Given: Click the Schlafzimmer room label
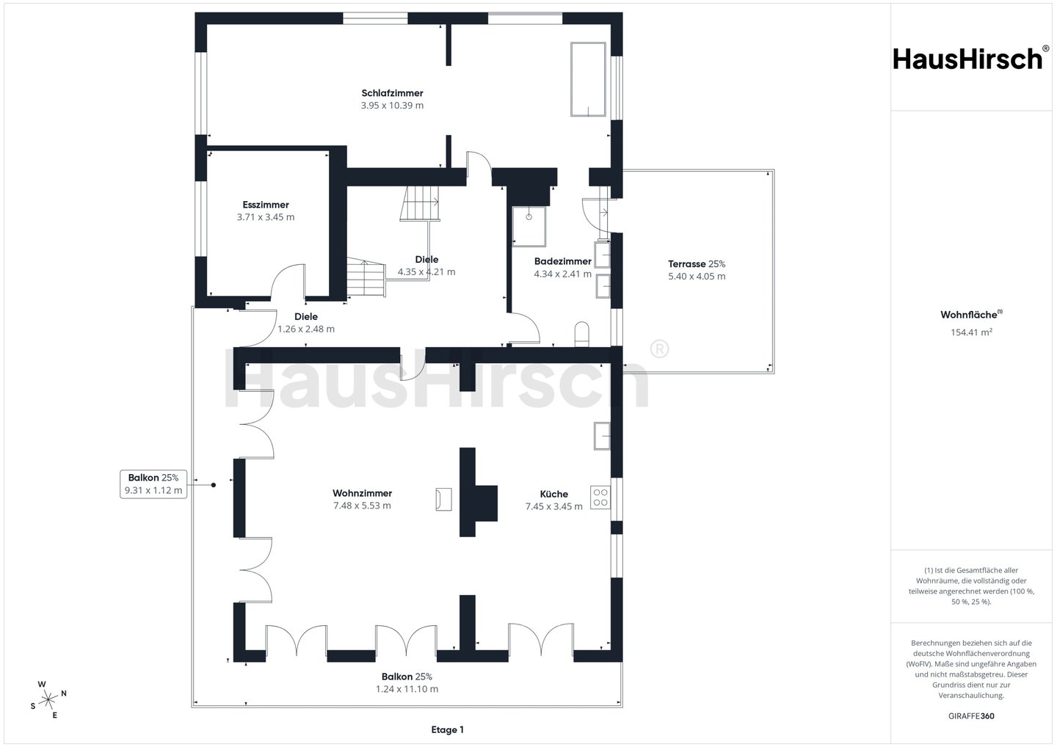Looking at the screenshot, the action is pos(392,93).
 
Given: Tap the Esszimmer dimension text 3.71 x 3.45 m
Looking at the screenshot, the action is pos(266,217).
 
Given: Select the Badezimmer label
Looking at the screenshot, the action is pos(562,261).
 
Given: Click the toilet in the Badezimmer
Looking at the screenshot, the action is pos(582,334).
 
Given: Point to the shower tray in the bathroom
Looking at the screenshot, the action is pos(529,226).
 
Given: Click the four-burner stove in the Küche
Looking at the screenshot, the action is pos(600,498).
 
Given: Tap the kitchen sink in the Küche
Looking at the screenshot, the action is pos(602,436).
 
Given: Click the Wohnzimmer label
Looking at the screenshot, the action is pos(362,493).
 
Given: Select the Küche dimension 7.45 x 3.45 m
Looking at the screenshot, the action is pos(554,506).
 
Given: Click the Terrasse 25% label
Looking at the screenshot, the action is pos(697,264).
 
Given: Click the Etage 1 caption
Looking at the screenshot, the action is pos(447,729).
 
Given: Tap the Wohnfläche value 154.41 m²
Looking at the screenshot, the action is pos(971,332).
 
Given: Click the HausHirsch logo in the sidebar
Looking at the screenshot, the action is pos(971,59).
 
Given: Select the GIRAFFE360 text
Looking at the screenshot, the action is pos(971,716).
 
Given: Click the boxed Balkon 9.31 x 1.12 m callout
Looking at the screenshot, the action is pos(153,484).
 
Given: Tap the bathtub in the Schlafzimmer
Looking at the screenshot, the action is pos(588,79).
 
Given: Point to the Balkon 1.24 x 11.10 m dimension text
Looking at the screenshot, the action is pos(407,689).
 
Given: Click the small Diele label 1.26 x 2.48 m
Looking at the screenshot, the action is pos(306,323).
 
